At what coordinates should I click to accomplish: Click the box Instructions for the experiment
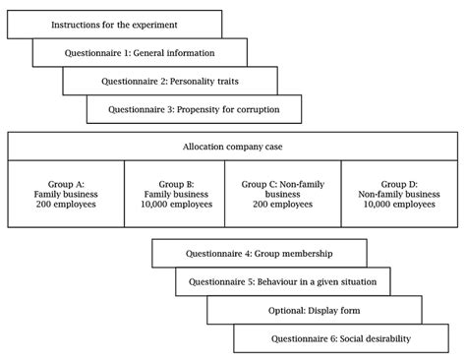pyautogui.click(x=114, y=24)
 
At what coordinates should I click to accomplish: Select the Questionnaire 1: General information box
pyautogui.click(x=140, y=52)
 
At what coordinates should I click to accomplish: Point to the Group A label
pyautogui.click(x=67, y=183)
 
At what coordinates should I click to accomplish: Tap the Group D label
pyautogui.click(x=399, y=183)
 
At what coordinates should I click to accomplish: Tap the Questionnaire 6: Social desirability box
pyautogui.click(x=340, y=338)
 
